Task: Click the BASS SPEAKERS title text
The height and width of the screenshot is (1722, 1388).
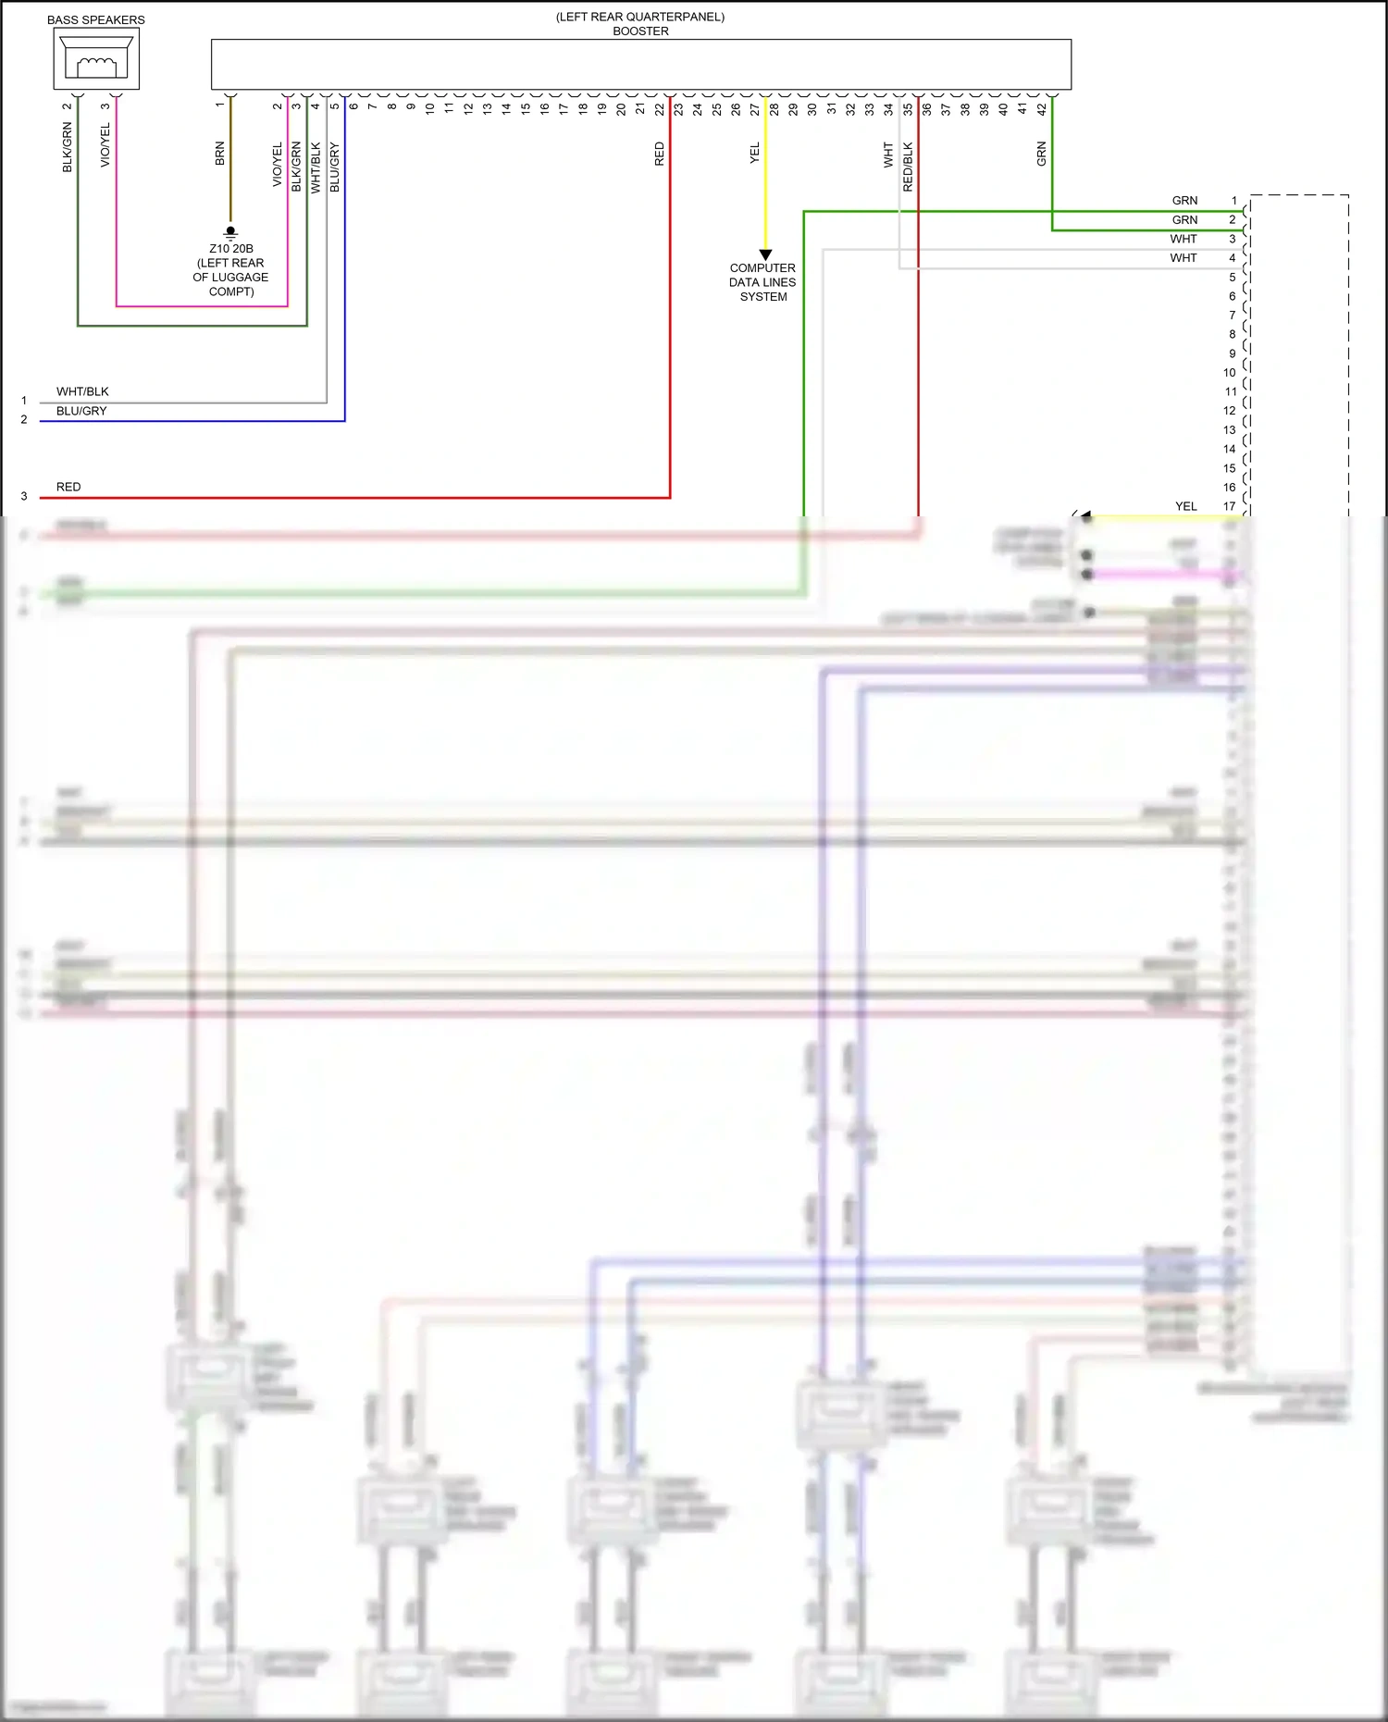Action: [95, 19]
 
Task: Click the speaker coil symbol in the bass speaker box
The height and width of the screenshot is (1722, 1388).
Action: [96, 66]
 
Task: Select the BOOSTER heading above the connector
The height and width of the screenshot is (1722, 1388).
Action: [640, 31]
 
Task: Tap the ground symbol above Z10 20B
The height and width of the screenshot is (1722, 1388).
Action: [230, 231]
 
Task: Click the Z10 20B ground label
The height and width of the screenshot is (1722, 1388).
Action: [230, 248]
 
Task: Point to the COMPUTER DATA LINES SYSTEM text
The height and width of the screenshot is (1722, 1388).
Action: [762, 282]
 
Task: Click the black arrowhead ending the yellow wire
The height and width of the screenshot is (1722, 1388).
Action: [765, 254]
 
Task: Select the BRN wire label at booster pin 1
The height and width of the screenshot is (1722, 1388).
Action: [219, 154]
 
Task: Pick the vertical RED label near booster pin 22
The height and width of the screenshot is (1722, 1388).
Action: [659, 154]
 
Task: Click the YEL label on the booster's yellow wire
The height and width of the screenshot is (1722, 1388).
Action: [754, 154]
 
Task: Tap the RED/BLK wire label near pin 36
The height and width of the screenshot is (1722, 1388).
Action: [908, 167]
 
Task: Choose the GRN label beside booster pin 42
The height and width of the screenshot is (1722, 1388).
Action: [1041, 154]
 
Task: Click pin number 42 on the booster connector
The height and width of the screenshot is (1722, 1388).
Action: [1041, 108]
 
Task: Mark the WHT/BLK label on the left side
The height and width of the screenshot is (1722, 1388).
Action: [82, 391]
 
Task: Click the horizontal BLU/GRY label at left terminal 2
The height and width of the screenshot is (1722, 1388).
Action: [81, 411]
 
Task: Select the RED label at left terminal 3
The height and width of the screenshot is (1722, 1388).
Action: [68, 487]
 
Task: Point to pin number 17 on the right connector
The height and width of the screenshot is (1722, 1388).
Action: [1229, 506]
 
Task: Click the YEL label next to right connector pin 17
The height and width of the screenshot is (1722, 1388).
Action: [1185, 506]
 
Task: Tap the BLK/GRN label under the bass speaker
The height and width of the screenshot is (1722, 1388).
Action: [67, 148]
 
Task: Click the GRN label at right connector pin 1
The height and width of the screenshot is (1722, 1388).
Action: [1184, 201]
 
